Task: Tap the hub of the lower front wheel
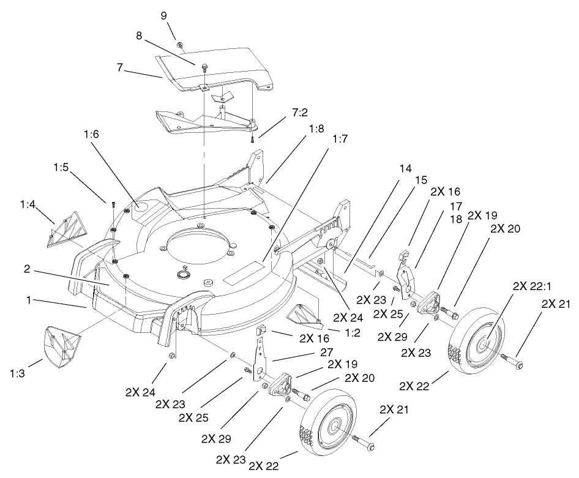(x=332, y=428)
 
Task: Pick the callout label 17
(x=454, y=206)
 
